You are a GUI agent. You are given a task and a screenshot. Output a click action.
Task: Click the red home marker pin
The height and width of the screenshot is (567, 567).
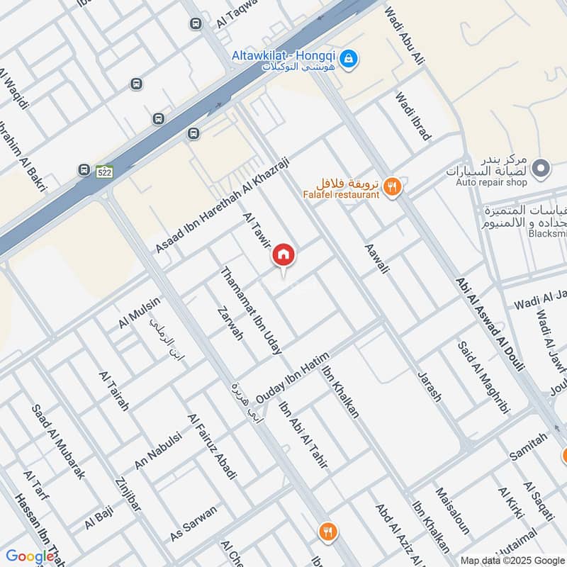click(283, 254)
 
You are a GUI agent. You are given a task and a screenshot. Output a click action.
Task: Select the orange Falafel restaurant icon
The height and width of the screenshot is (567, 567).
click(391, 187)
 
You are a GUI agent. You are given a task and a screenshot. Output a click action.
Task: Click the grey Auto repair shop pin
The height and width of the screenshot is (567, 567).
click(541, 169)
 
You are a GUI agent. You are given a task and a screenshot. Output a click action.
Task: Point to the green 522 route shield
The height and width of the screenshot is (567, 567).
click(105, 172)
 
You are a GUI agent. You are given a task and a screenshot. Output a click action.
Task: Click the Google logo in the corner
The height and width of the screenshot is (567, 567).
click(30, 556)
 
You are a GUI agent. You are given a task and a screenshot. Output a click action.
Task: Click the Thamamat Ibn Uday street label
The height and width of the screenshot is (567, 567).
click(252, 310)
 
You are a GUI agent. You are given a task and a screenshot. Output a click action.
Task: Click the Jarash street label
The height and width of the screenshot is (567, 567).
click(429, 386)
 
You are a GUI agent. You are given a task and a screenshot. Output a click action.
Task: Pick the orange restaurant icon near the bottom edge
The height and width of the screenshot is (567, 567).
click(327, 531)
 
